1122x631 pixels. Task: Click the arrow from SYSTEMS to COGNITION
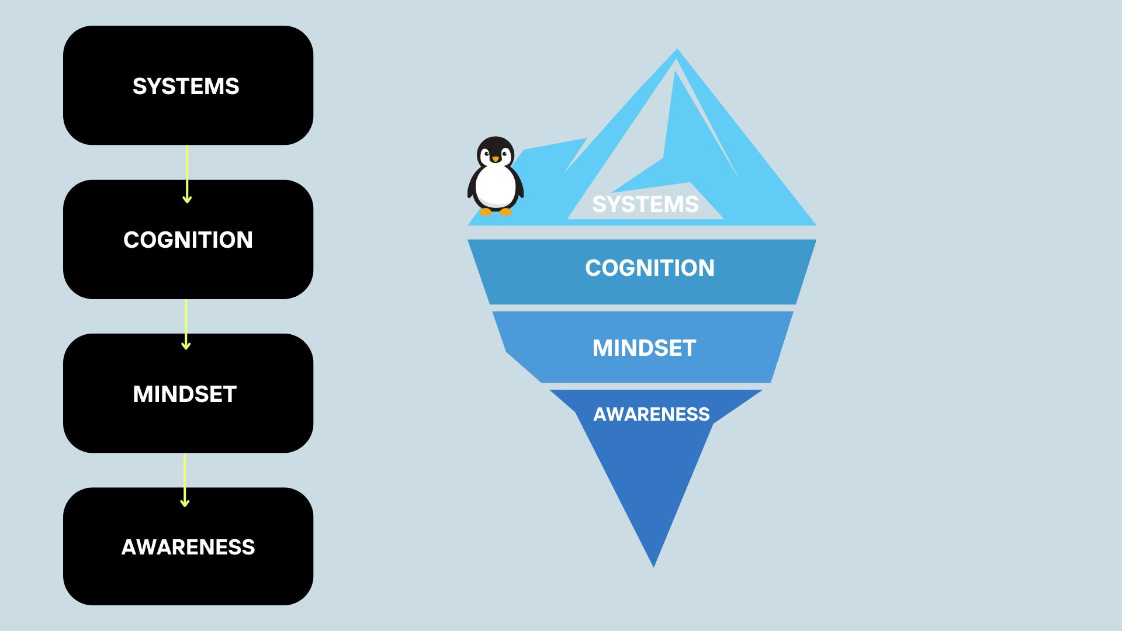pos(187,174)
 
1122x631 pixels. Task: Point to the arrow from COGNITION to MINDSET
pos(186,325)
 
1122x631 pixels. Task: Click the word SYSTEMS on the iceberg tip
pos(645,204)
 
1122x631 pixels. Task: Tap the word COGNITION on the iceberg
pos(649,268)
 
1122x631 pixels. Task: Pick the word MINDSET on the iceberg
pos(644,348)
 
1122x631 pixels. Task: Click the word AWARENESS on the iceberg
pos(651,414)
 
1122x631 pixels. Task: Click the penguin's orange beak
pos(496,159)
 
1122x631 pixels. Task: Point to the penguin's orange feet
pos(496,212)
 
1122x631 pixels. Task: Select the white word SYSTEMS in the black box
pos(186,86)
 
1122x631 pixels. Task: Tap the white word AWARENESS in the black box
pos(188,547)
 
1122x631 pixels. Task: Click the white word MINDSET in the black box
pos(185,394)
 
